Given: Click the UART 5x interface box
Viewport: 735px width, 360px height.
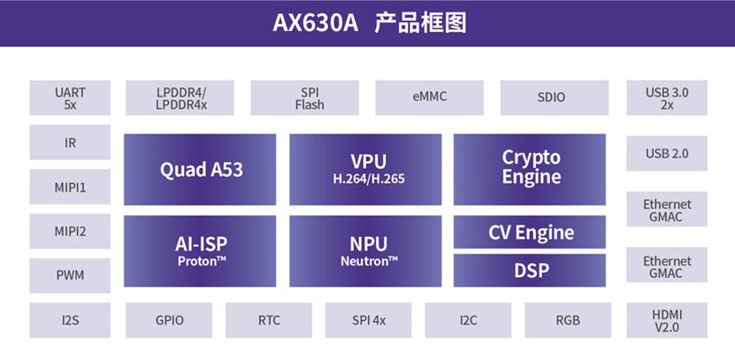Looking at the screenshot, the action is (x=70, y=97).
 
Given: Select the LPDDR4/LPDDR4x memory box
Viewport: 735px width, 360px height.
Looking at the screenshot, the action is (x=180, y=97).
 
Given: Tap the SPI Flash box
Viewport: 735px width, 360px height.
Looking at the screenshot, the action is (x=304, y=97).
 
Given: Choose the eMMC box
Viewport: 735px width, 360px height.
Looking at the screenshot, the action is (x=429, y=97).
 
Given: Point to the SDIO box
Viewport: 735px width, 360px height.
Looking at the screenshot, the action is (x=555, y=97).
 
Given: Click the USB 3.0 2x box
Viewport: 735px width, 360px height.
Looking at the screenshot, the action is (x=667, y=97).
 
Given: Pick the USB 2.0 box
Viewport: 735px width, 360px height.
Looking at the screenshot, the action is (x=667, y=153).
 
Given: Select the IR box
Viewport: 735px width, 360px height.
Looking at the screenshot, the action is (x=70, y=142).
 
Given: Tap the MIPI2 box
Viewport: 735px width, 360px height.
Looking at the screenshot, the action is (x=70, y=231).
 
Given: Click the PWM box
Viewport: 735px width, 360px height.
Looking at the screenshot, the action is (x=70, y=276).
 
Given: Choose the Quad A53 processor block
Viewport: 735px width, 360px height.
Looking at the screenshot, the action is (x=200, y=170).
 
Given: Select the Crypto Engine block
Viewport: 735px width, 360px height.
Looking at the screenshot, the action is (x=530, y=170).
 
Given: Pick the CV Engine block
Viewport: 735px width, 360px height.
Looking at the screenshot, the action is (x=530, y=232).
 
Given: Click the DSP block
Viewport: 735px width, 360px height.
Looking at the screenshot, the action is (x=530, y=271).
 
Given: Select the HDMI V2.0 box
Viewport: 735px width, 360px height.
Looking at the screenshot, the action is (x=667, y=320).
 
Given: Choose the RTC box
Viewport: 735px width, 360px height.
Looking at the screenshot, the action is (x=269, y=320).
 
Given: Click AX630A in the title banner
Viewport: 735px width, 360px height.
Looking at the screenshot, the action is (x=316, y=23).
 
